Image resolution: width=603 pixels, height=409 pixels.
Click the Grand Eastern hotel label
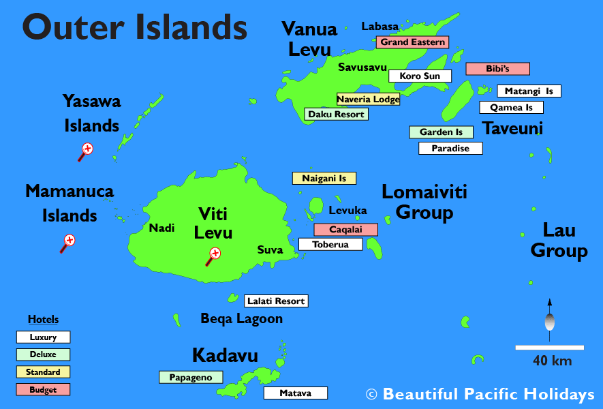(x=412, y=42)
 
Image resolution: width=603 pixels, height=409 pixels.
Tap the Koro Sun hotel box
(x=420, y=76)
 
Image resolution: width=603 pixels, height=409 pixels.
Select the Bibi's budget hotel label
(x=497, y=69)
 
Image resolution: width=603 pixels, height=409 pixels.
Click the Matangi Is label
(x=529, y=91)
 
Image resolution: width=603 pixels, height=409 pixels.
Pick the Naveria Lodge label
(x=368, y=100)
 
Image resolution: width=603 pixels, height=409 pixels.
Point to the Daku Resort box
(x=336, y=115)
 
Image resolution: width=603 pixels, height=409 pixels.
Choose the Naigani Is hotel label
(x=324, y=179)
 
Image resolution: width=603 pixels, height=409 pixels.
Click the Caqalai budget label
(x=345, y=230)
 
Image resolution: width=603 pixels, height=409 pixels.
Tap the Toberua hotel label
(x=330, y=244)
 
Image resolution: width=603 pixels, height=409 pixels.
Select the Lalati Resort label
(x=276, y=301)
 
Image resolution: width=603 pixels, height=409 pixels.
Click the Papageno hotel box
(x=191, y=377)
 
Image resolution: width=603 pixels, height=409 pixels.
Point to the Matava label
(x=295, y=393)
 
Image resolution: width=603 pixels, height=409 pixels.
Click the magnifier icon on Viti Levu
(x=214, y=256)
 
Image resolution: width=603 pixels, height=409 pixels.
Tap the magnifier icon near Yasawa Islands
(x=86, y=151)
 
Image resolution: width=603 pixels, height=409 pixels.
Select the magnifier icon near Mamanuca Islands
(x=67, y=242)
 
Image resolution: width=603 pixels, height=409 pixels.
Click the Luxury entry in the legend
(x=43, y=337)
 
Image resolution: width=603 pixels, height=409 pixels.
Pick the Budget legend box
(x=43, y=390)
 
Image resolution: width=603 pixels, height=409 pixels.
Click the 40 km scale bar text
(x=553, y=361)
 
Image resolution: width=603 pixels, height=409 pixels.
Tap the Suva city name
(x=270, y=250)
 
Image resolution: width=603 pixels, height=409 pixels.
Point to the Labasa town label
(x=380, y=27)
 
